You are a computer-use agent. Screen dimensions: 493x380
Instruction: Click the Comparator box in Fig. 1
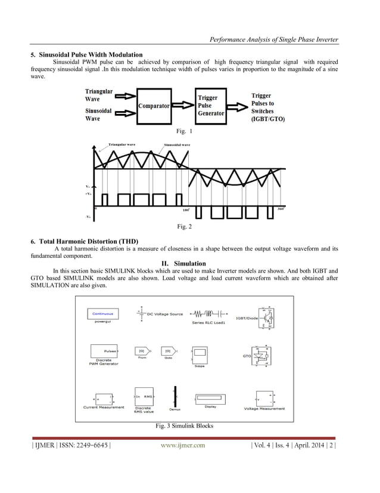pos(154,106)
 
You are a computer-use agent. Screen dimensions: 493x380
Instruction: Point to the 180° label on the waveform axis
pos(186,210)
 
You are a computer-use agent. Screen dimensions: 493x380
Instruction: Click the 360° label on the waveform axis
pos(281,209)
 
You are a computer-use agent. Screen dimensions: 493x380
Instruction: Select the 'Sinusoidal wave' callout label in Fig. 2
pos(177,144)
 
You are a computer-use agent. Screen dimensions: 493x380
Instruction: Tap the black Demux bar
pos(175,396)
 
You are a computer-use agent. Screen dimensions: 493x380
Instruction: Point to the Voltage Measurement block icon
pos(264,398)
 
